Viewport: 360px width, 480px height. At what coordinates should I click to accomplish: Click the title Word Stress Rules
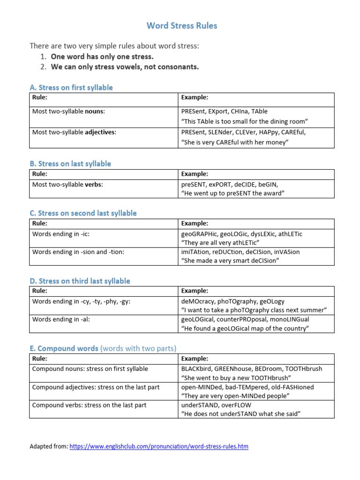coord(182,26)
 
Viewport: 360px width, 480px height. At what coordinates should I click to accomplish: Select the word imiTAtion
coord(195,252)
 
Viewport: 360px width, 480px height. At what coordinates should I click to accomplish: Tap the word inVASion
coord(286,252)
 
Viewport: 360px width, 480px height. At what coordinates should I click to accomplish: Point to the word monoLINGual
coord(290,319)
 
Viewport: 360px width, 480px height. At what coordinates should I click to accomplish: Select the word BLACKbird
coord(197,369)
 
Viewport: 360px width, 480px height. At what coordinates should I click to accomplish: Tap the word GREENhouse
coord(236,369)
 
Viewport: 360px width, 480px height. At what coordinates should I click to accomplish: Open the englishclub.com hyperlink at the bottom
coord(159,447)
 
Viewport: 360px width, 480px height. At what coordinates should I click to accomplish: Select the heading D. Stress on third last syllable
coord(80,281)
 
